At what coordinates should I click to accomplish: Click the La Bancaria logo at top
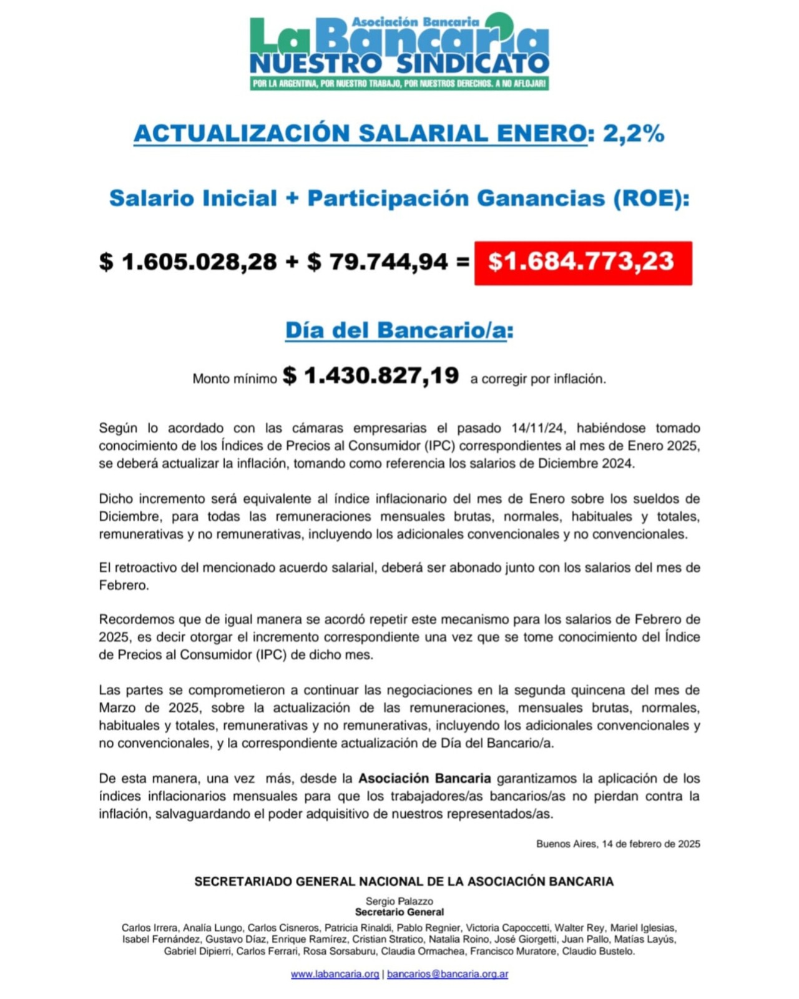pos(399,44)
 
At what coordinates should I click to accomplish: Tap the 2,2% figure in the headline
pos(633,133)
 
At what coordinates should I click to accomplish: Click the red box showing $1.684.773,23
pos(582,262)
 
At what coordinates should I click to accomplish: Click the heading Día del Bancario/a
pos(399,330)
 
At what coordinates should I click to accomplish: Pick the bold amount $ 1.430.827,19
pos(371,376)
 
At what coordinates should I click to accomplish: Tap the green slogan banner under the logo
pos(399,84)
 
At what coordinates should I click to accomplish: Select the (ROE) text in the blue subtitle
pos(651,199)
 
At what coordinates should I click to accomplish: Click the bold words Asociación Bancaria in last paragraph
pos(424,779)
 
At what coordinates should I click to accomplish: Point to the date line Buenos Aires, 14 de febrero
pos(618,844)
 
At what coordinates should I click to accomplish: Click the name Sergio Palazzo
pos(399,901)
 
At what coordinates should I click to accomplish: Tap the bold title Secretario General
pos(399,912)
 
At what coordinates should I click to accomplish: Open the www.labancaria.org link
pos(335,974)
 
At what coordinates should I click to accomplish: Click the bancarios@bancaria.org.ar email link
pos(448,974)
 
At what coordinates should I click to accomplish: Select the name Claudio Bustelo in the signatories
pos(598,952)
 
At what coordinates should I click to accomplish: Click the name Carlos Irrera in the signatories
pos(149,928)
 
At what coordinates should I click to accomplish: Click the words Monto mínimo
pos(235,379)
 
